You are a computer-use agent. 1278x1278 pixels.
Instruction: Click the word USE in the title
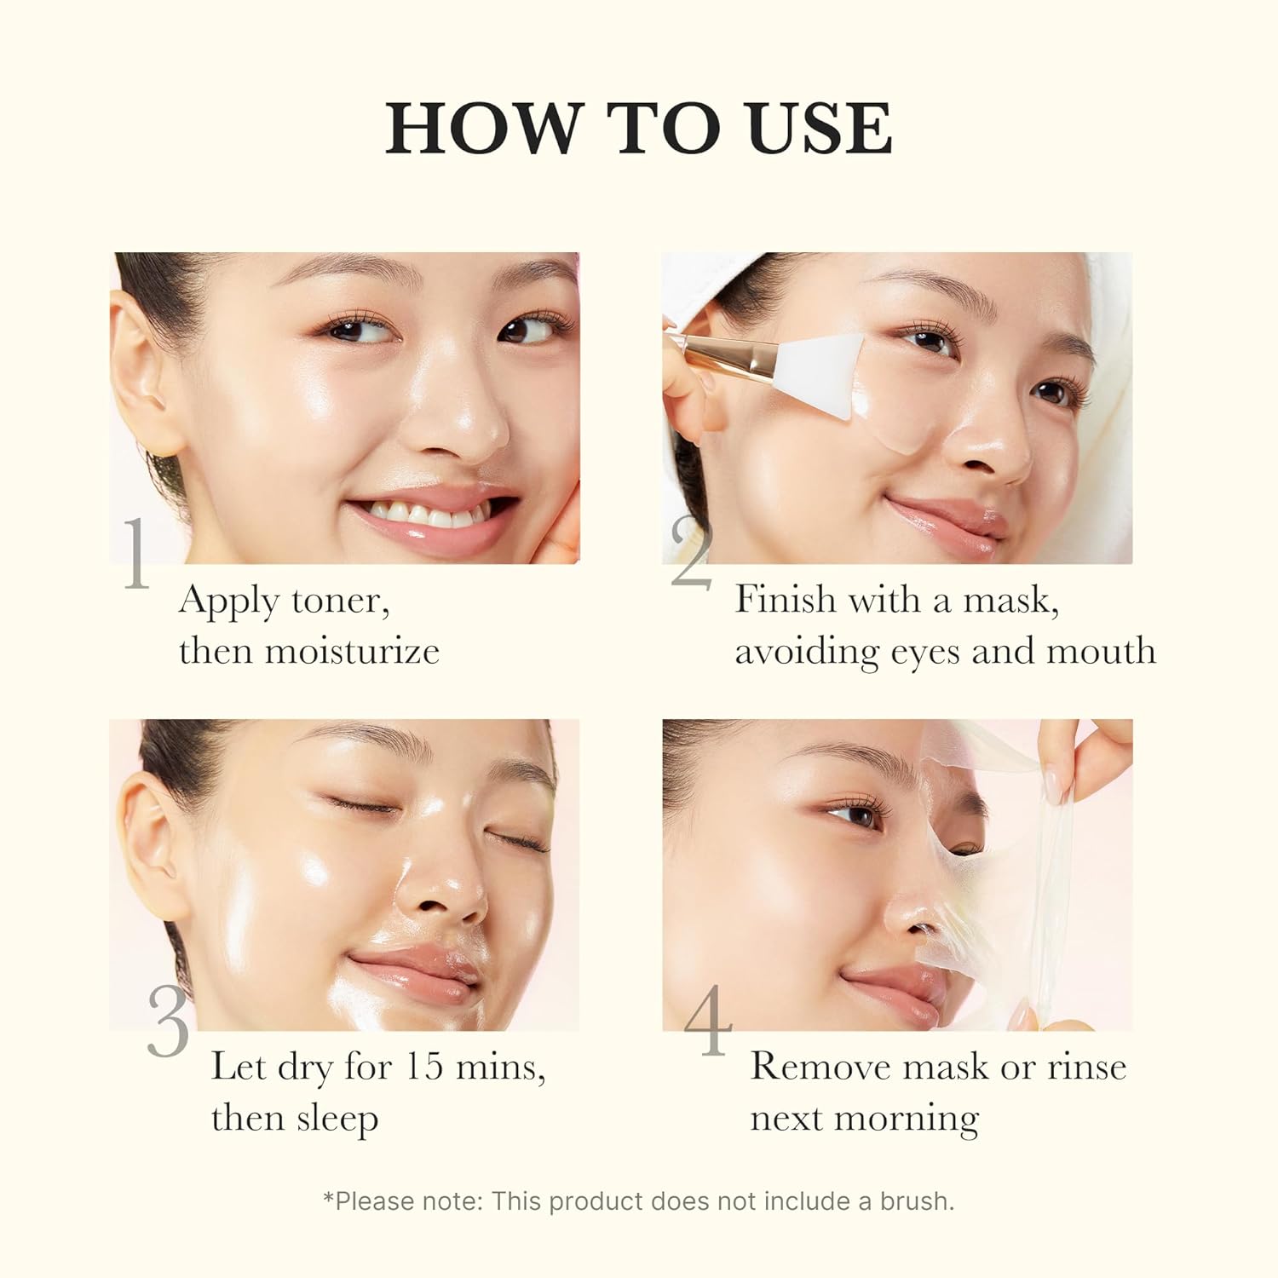tap(820, 128)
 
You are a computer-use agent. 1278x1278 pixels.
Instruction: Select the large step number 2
tap(690, 554)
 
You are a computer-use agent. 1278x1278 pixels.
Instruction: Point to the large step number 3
tap(168, 1022)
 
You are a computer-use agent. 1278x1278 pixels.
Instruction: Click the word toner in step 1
tap(341, 602)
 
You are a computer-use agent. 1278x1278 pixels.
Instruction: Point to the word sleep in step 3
tap(337, 1120)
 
